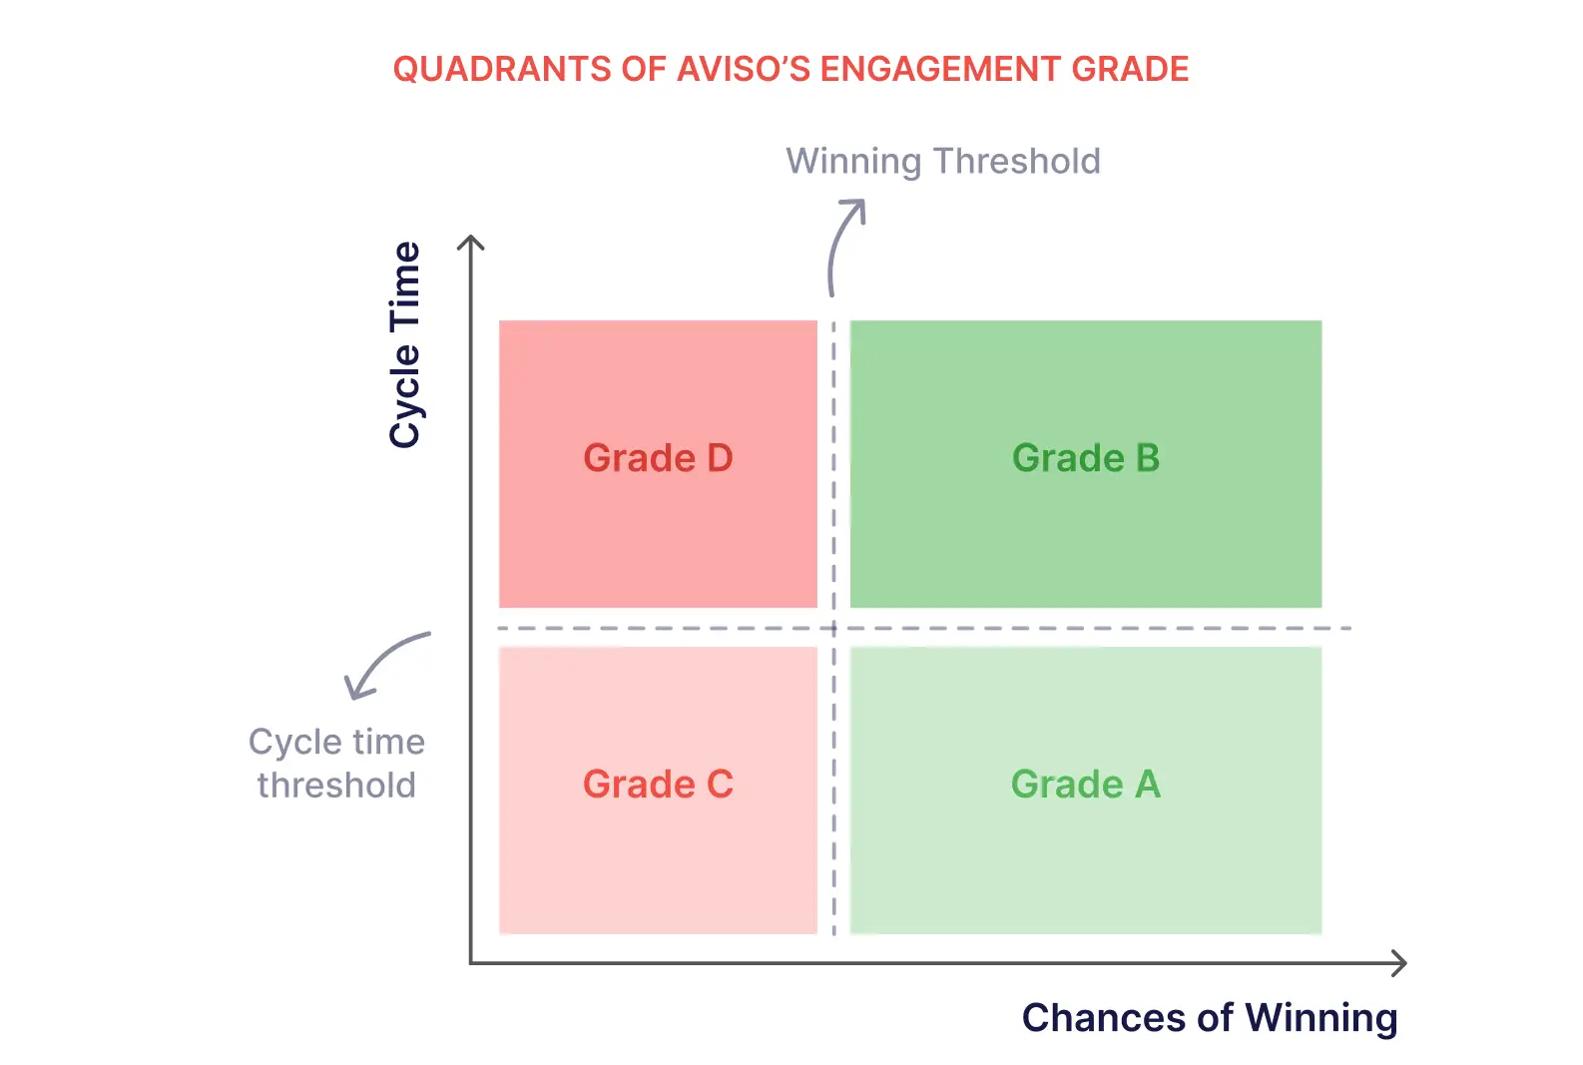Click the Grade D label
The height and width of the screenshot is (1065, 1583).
(658, 458)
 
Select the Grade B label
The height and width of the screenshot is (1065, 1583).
(1086, 458)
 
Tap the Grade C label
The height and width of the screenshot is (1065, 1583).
(658, 784)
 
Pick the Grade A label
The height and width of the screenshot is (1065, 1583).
(1086, 784)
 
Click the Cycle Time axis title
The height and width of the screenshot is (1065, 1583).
(405, 345)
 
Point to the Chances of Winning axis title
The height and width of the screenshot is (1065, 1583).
(1210, 1018)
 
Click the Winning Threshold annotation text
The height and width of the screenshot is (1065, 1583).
(943, 161)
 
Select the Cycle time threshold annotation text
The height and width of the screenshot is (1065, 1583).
(337, 764)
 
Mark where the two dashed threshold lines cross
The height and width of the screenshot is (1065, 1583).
(833, 628)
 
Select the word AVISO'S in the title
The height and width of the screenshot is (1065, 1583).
(742, 69)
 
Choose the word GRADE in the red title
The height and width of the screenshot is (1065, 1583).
(1130, 69)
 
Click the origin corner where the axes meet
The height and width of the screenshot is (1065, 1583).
(471, 962)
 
